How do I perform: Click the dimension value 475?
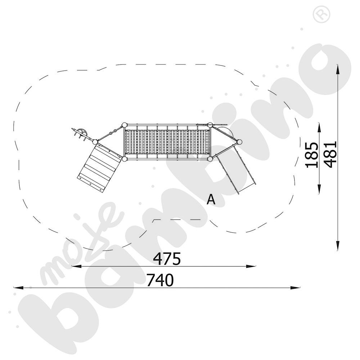(167, 258)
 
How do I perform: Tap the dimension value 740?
(161, 280)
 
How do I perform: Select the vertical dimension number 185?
(311, 155)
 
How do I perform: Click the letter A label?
(211, 199)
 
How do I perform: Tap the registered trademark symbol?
(321, 14)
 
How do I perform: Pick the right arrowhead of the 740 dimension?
(295, 287)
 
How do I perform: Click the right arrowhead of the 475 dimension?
(251, 266)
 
